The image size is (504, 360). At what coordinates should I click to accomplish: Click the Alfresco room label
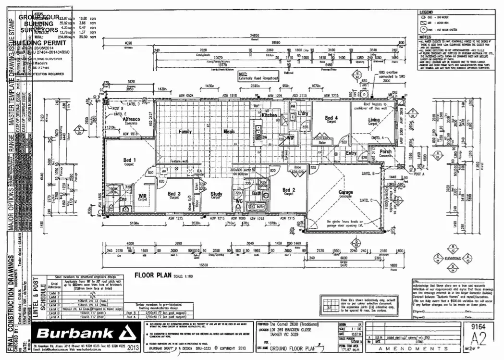click(131, 119)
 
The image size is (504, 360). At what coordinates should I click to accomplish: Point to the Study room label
click(217, 194)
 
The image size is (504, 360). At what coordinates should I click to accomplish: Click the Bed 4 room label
click(332, 118)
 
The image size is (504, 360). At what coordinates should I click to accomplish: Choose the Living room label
click(374, 120)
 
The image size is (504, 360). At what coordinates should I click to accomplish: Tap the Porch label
click(385, 152)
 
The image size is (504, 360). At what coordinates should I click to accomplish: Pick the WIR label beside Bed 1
click(142, 196)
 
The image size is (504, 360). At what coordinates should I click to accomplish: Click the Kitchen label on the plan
click(270, 115)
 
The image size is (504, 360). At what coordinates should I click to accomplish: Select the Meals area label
click(229, 131)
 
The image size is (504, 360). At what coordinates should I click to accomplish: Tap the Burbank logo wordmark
click(75, 334)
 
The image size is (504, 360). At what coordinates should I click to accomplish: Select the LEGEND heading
click(426, 12)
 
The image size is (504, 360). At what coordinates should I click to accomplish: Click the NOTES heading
click(425, 37)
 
